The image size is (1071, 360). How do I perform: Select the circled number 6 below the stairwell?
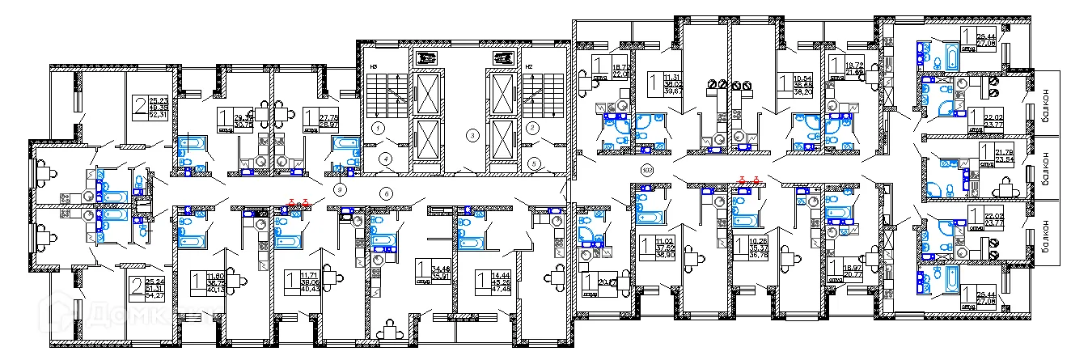tap(386, 193)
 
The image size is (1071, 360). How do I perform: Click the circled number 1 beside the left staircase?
tap(377, 128)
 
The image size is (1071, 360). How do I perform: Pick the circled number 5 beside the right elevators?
tap(534, 162)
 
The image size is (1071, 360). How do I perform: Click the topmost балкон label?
tap(1046, 104)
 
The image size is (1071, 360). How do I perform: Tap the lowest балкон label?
tap(1046, 240)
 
